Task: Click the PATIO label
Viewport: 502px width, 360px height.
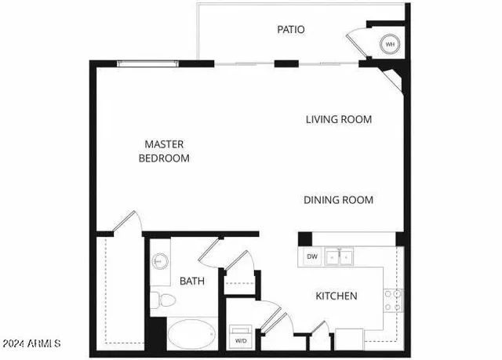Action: pyautogui.click(x=290, y=30)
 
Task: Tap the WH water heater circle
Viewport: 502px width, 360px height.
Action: pyautogui.click(x=391, y=45)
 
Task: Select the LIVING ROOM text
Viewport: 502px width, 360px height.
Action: pyautogui.click(x=338, y=120)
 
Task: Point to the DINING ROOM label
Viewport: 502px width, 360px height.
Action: pyautogui.click(x=338, y=200)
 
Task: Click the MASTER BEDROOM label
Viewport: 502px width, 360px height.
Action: pyautogui.click(x=164, y=151)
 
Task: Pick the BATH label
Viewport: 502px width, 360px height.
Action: pyautogui.click(x=192, y=281)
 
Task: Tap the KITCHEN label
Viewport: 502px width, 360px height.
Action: pyautogui.click(x=336, y=296)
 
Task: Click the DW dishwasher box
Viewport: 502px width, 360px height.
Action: pyautogui.click(x=312, y=256)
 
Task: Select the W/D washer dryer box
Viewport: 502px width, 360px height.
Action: pyautogui.click(x=239, y=340)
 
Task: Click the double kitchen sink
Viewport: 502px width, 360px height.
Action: pyautogui.click(x=340, y=256)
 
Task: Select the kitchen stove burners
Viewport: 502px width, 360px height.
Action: pyautogui.click(x=393, y=300)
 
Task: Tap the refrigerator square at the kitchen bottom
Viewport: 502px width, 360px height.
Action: pyautogui.click(x=348, y=339)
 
